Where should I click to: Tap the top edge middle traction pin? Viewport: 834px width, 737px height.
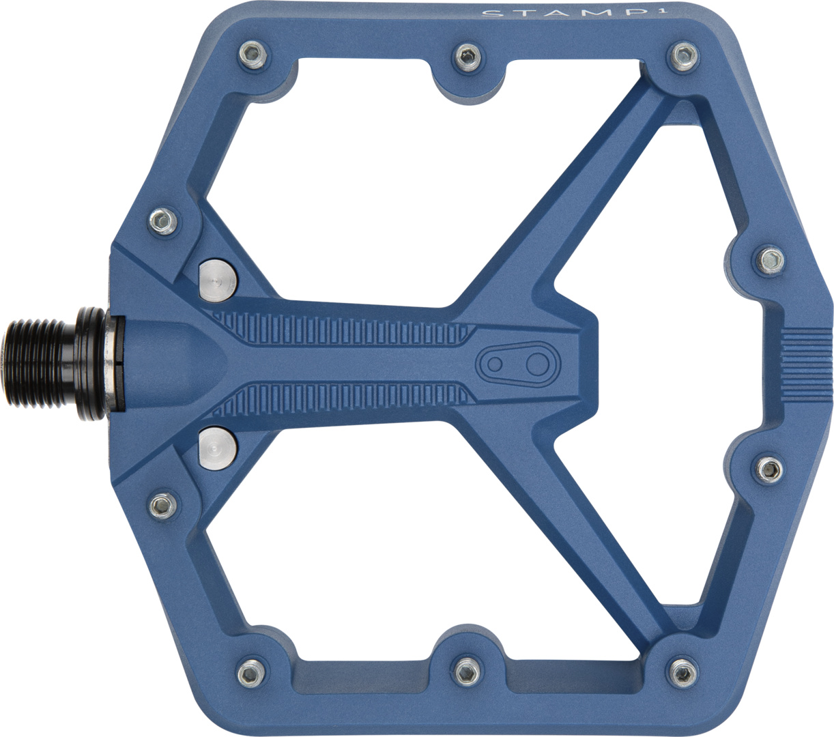coord(467,54)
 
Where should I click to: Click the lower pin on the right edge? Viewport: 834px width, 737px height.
coord(771,467)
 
